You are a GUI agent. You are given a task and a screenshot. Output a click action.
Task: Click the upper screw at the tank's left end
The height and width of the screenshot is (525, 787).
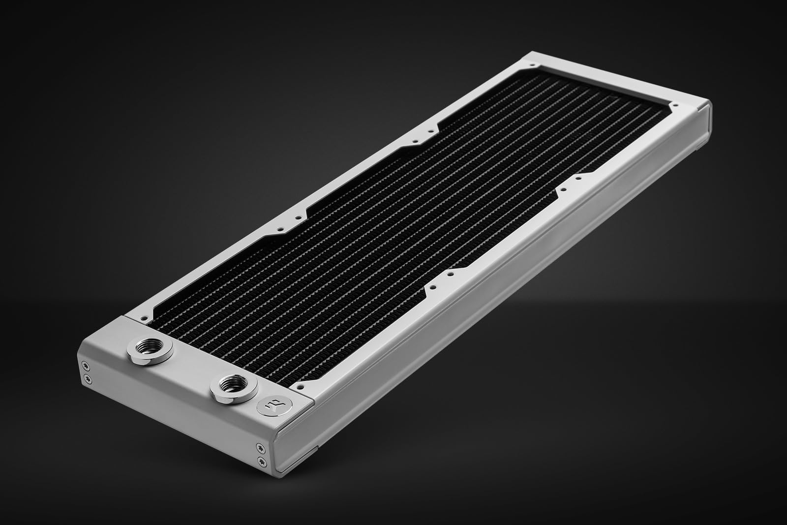click(x=87, y=365)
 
